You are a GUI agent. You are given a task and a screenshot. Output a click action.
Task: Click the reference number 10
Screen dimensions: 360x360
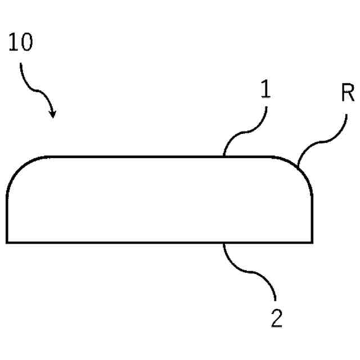click(x=21, y=44)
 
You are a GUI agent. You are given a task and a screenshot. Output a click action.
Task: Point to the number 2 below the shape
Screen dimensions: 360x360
click(x=276, y=318)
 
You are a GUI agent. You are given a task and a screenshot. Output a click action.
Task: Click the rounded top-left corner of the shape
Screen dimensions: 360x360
click(x=20, y=168)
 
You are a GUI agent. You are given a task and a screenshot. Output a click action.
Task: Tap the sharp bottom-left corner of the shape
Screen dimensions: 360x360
click(x=7, y=242)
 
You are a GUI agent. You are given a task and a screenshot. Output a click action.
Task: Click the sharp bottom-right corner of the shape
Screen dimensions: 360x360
click(x=312, y=242)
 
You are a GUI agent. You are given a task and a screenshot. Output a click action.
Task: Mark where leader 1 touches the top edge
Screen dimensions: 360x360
click(x=224, y=156)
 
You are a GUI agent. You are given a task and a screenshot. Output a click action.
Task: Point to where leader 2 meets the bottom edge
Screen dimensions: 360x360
click(x=224, y=243)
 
